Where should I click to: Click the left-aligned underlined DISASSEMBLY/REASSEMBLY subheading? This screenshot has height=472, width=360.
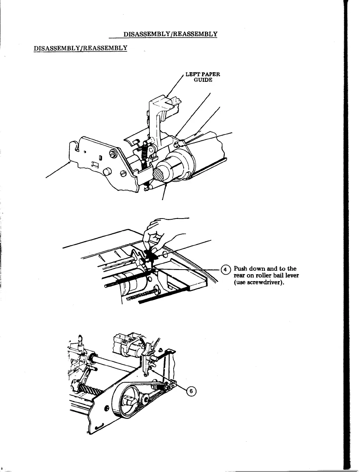[x=81, y=48]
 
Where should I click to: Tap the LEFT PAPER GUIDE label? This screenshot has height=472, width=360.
[x=202, y=77]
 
